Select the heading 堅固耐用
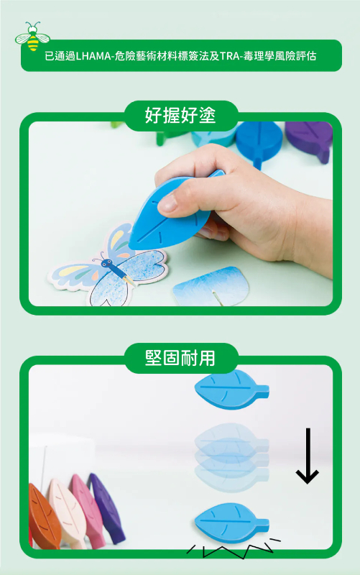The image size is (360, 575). point(180,357)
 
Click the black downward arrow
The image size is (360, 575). point(307,456)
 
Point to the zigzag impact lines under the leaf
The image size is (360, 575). point(230,550)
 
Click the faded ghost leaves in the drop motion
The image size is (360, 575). point(230,449)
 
